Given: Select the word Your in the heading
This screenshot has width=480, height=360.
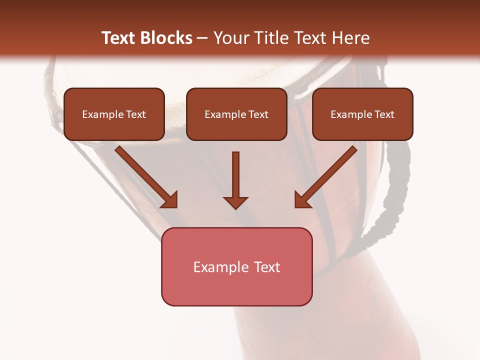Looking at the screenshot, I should pyautogui.click(x=229, y=38).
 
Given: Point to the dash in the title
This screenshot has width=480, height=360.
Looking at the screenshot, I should pyautogui.click(x=202, y=38).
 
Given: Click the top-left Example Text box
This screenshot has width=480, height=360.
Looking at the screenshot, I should pyautogui.click(x=114, y=114).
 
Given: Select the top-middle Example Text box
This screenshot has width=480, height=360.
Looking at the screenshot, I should pyautogui.click(x=236, y=114).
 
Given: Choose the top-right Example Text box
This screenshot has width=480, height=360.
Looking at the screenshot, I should pyautogui.click(x=362, y=114).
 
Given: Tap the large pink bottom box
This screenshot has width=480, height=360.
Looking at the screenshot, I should pyautogui.click(x=236, y=266).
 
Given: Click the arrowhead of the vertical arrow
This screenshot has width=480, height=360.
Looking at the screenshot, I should pyautogui.click(x=235, y=201).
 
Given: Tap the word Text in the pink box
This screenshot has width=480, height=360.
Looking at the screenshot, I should pyautogui.click(x=268, y=267).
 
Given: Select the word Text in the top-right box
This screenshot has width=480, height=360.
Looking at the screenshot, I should pyautogui.click(x=384, y=114).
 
